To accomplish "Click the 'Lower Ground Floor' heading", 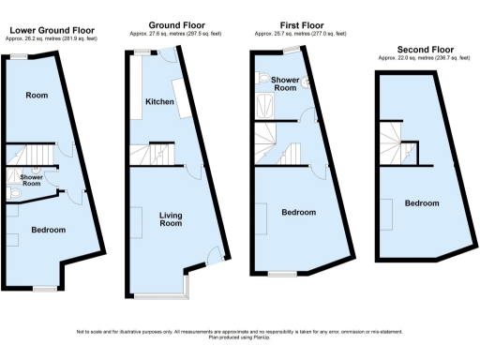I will (x=45, y=30).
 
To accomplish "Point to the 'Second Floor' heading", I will (x=417, y=50).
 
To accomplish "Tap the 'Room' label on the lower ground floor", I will (x=37, y=95).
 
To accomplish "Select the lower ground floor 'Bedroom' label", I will (x=48, y=230).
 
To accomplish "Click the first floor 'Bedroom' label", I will (x=299, y=212).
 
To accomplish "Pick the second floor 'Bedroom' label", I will (x=422, y=203).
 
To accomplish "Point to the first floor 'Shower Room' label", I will (x=285, y=84).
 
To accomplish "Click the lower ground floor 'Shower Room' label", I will (x=31, y=180).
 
